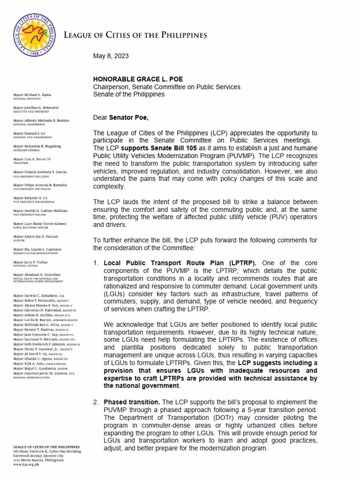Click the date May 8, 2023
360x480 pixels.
[111, 56]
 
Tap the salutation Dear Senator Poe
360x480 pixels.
[121, 118]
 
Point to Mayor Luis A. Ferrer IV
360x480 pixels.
[33, 159]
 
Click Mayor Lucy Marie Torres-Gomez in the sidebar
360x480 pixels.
[40, 224]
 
